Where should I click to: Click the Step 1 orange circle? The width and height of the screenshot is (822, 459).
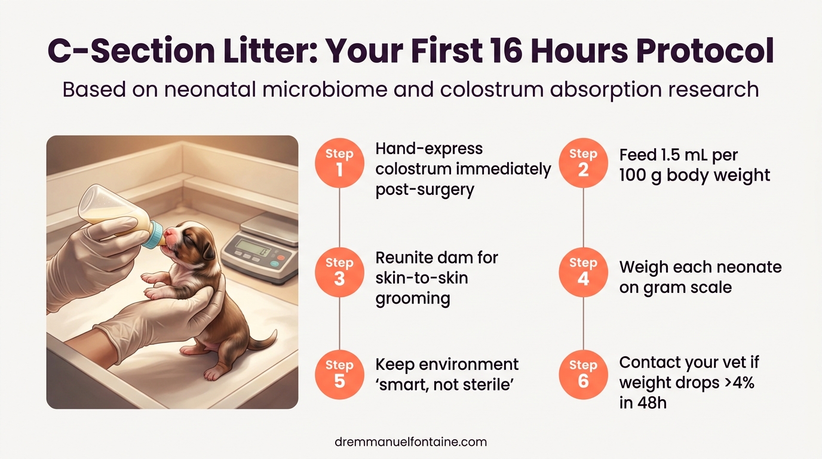coord(339,163)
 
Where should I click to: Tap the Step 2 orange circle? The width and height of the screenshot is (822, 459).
coord(583,163)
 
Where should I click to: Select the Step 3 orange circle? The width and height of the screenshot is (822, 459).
coord(339,271)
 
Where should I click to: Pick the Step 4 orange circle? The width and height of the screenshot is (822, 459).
coord(583,271)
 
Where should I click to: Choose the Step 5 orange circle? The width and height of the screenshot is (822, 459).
coord(339,374)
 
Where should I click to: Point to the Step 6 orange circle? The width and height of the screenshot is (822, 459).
coord(583,374)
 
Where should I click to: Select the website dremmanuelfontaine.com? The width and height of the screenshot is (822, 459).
coord(411,442)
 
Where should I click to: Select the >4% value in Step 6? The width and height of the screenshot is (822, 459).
coord(738,382)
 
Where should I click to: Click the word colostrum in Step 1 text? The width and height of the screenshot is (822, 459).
coord(413,169)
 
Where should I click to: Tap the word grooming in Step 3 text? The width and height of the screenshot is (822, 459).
coord(413,298)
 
